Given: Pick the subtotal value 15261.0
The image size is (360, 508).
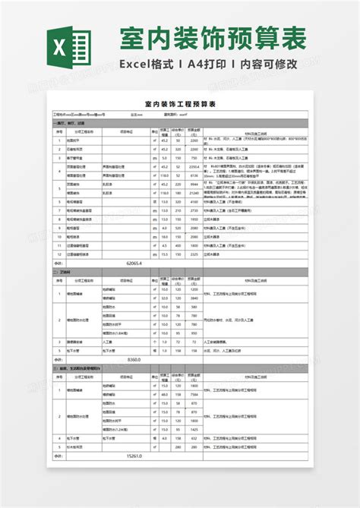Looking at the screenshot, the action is pos(134,456).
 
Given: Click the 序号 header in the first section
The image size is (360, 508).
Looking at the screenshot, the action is pos(58,131).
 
